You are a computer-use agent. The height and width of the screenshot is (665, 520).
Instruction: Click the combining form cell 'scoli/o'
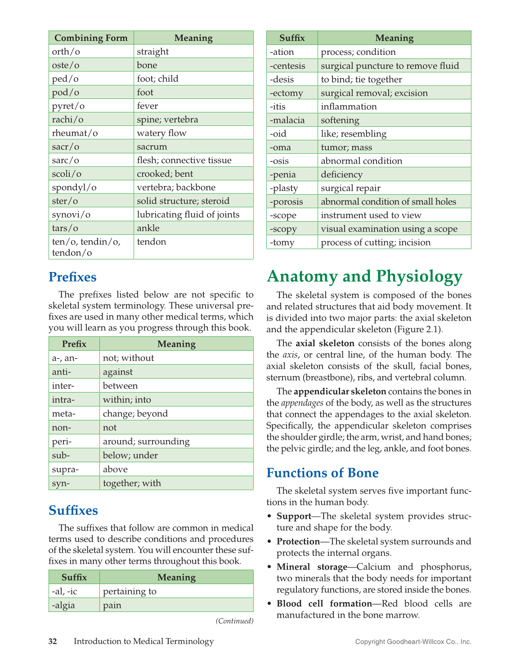coord(67,174)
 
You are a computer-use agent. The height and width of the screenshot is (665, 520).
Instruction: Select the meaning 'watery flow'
coord(161,133)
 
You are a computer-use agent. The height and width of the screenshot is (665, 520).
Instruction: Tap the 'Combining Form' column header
coord(91,38)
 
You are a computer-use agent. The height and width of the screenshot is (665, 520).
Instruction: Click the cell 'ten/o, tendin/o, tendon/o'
coord(86,247)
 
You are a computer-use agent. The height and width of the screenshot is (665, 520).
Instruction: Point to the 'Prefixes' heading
coord(72,277)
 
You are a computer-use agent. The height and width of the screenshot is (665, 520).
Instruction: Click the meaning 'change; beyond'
coord(135,414)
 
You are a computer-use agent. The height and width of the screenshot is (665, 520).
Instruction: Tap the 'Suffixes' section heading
coord(73,510)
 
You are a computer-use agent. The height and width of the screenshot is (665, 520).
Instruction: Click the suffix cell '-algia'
coord(63,605)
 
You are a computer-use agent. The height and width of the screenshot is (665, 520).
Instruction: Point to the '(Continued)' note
coord(234,621)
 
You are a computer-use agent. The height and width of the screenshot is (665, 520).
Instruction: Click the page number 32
coord(53,641)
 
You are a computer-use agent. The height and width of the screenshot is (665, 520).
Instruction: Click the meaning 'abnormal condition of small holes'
coord(388,202)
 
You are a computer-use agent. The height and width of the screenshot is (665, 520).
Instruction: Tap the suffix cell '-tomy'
coord(282,243)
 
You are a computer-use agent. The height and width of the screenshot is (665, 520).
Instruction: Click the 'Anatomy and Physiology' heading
coord(364,277)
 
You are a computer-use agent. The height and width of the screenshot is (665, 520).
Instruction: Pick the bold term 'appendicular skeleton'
coord(340,391)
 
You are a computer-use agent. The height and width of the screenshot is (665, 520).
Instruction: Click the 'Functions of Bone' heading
coord(323,473)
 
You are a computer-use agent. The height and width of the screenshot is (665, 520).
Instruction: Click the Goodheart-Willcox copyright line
coord(413,642)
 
